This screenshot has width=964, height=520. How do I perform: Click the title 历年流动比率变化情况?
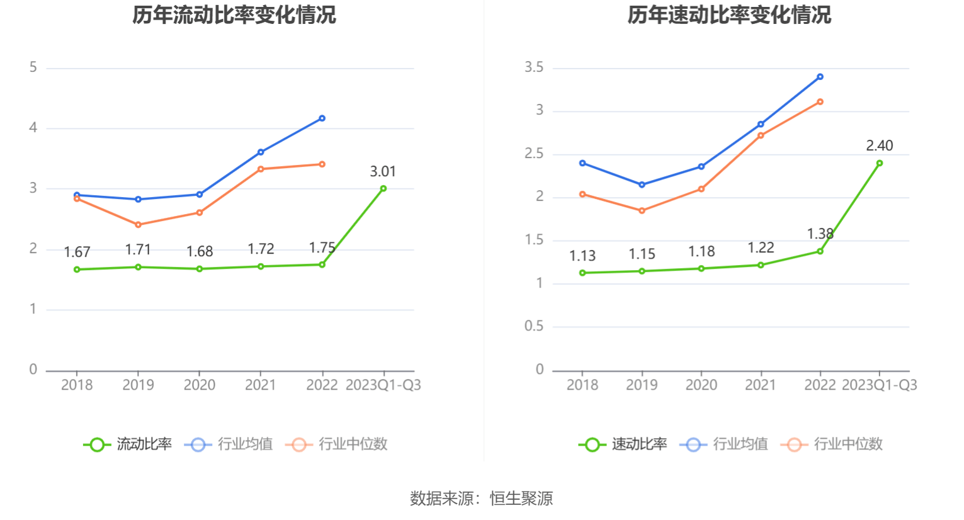[234, 14]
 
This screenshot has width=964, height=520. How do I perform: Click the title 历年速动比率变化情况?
[729, 14]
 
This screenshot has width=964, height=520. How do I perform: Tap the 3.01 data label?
[383, 171]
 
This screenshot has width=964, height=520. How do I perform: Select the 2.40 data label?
[879, 145]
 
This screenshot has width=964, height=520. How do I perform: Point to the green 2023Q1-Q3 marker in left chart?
[383, 188]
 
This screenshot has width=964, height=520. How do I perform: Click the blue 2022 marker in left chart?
[322, 118]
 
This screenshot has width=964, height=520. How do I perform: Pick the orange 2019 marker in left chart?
[138, 225]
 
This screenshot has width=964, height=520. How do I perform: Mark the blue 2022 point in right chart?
[820, 77]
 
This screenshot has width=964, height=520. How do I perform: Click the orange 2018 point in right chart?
[582, 194]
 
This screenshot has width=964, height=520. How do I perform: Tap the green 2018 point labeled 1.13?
[582, 273]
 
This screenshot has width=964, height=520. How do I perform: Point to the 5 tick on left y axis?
[33, 67]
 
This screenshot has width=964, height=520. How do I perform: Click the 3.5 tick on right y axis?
[534, 67]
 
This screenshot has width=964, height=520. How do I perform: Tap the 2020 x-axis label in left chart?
[199, 385]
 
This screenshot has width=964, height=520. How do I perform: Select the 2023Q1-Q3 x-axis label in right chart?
[879, 385]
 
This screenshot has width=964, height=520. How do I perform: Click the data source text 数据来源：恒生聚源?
[482, 499]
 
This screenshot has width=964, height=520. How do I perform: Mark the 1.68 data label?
[200, 251]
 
